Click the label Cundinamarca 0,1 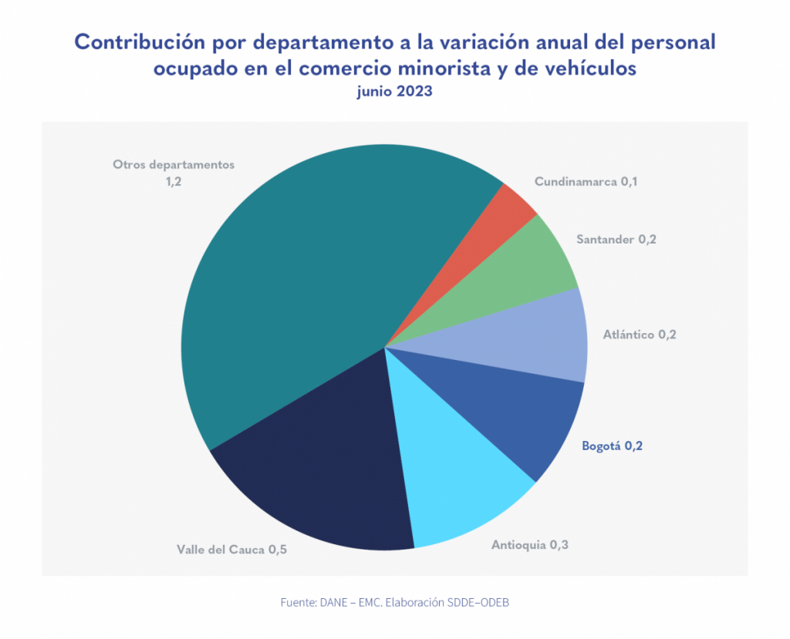click(586, 183)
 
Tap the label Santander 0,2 click(616, 239)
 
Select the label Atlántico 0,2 click(640, 335)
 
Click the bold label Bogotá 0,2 click(612, 446)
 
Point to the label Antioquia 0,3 click(530, 545)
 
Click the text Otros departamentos click(173, 164)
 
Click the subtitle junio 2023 click(394, 92)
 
